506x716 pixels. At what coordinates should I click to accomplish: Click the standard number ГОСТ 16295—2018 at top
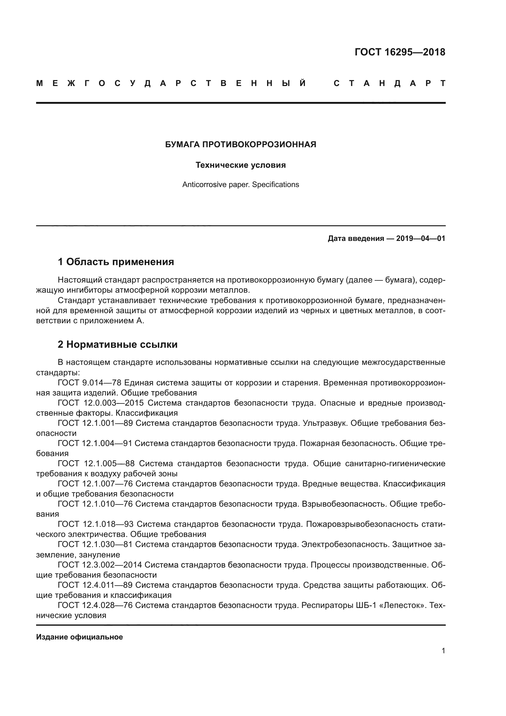[x=400, y=52]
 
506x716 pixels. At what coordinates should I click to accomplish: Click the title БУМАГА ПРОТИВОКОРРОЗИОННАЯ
[x=240, y=144]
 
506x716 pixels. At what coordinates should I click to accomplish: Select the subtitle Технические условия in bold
[x=240, y=165]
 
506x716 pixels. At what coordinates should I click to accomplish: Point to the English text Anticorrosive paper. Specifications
[x=240, y=185]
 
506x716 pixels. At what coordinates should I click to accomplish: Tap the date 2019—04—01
[x=421, y=238]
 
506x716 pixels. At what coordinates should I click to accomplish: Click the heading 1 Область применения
[x=116, y=262]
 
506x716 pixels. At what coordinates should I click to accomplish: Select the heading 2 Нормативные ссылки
[x=118, y=344]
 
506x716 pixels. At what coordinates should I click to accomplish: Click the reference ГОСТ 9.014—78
[x=89, y=383]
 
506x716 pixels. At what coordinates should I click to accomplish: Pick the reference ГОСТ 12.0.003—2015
[x=101, y=403]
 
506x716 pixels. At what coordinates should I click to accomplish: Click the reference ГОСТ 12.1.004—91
[x=95, y=443]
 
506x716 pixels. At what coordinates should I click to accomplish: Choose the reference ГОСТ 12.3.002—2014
[x=100, y=564]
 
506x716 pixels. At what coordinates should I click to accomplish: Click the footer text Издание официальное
[x=80, y=637]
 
